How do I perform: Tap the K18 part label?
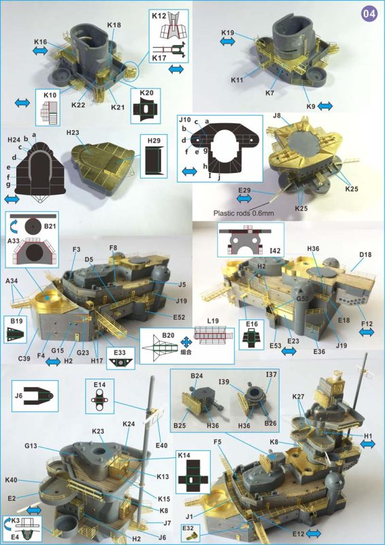pyautogui.click(x=114, y=25)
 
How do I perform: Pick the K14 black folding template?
pyautogui.click(x=192, y=477)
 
